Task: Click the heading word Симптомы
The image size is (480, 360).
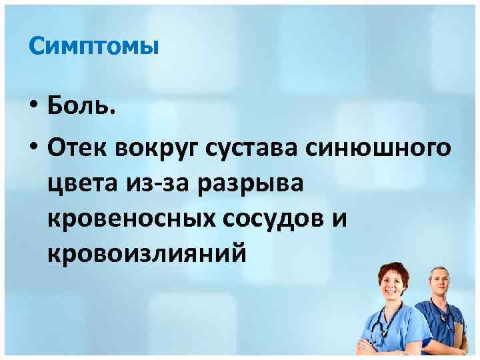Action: coord(93,47)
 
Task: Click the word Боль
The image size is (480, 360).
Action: coord(82,107)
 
